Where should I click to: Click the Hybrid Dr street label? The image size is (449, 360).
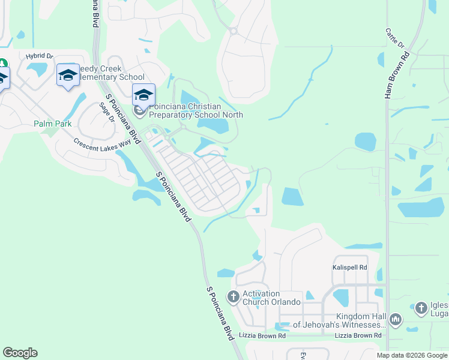[x=40, y=56]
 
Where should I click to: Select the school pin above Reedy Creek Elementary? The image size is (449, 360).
[x=68, y=76]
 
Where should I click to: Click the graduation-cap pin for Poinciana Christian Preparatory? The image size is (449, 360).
[x=143, y=95]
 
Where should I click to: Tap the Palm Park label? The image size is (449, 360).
[x=53, y=124]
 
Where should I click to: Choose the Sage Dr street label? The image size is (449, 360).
[x=107, y=112]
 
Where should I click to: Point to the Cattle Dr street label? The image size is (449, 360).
[x=395, y=38]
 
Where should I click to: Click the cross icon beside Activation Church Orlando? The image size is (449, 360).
[x=234, y=296]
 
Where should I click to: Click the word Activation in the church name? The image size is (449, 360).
[x=261, y=293]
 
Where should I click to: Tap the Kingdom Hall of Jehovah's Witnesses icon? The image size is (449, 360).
[x=395, y=320]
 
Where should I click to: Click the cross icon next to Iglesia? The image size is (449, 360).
[x=421, y=308]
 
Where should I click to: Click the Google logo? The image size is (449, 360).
[x=20, y=353]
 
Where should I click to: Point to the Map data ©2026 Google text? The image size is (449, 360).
[x=412, y=355]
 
